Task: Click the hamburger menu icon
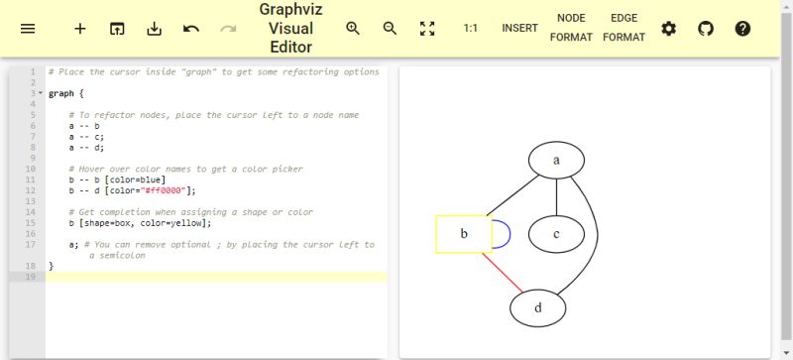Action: pyautogui.click(x=28, y=29)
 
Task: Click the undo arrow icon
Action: pyautogui.click(x=191, y=29)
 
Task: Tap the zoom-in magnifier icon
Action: pyautogui.click(x=353, y=29)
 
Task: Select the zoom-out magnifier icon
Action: pyautogui.click(x=390, y=29)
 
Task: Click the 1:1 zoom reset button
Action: pyautogui.click(x=471, y=29)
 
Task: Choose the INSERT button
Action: pyautogui.click(x=519, y=29)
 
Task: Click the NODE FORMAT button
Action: pyautogui.click(x=571, y=28)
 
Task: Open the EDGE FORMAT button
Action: pyautogui.click(x=623, y=28)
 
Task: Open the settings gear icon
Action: pyautogui.click(x=669, y=29)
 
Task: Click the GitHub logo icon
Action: pyautogui.click(x=706, y=29)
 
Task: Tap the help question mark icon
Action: pyautogui.click(x=742, y=29)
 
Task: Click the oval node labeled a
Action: pyautogui.click(x=556, y=161)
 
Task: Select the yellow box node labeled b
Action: pyautogui.click(x=463, y=234)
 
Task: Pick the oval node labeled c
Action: pyautogui.click(x=556, y=234)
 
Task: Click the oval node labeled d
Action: pyautogui.click(x=537, y=307)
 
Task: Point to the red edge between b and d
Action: pyautogui.click(x=503, y=272)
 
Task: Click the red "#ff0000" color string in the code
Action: pyautogui.click(x=164, y=190)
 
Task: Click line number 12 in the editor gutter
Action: pyautogui.click(x=32, y=190)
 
